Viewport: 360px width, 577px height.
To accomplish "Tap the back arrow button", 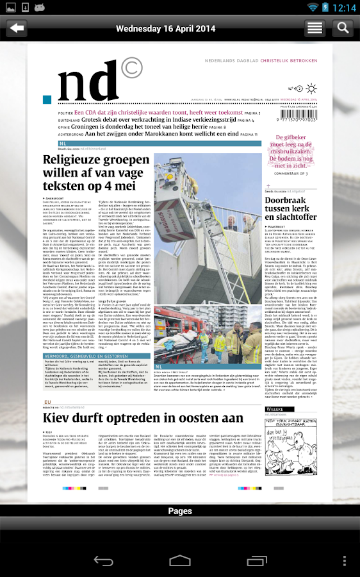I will tap(17, 28).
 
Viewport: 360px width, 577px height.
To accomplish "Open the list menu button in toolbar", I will tap(315, 28).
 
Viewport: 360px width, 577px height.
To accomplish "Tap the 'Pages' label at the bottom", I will tap(180, 511).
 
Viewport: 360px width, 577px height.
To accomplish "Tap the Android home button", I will tap(180, 560).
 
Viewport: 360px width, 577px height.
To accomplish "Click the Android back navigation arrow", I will tap(104, 560).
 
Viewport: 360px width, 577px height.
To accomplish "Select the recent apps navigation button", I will tap(256, 560).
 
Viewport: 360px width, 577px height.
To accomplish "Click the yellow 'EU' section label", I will tap(47, 402).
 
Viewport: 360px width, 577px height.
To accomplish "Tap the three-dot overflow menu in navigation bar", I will tap(345, 560).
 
